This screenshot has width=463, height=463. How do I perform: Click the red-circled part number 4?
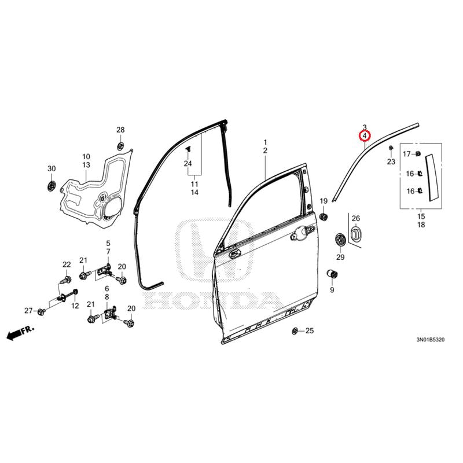click(x=365, y=136)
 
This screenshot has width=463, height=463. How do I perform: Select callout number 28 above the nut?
click(x=120, y=130)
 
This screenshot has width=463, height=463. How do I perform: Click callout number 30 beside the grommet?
click(x=51, y=168)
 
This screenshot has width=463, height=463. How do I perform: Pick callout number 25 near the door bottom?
click(x=309, y=330)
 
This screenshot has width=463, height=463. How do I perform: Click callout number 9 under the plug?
click(x=332, y=289)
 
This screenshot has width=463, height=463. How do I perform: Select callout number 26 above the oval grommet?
click(x=356, y=218)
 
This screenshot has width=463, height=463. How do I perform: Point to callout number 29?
click(x=340, y=257)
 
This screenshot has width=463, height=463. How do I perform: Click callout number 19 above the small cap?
click(x=324, y=200)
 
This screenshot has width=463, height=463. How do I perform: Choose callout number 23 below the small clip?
click(x=391, y=162)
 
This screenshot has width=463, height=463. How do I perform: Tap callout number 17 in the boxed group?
click(x=406, y=154)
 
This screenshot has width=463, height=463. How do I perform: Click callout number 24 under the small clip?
click(x=188, y=164)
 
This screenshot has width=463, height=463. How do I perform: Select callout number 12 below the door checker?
click(x=75, y=306)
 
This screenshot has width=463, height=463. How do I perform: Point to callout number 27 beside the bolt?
click(x=28, y=311)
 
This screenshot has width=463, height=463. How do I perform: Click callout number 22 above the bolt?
click(x=66, y=265)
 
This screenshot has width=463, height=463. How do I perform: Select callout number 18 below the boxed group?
click(x=421, y=224)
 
